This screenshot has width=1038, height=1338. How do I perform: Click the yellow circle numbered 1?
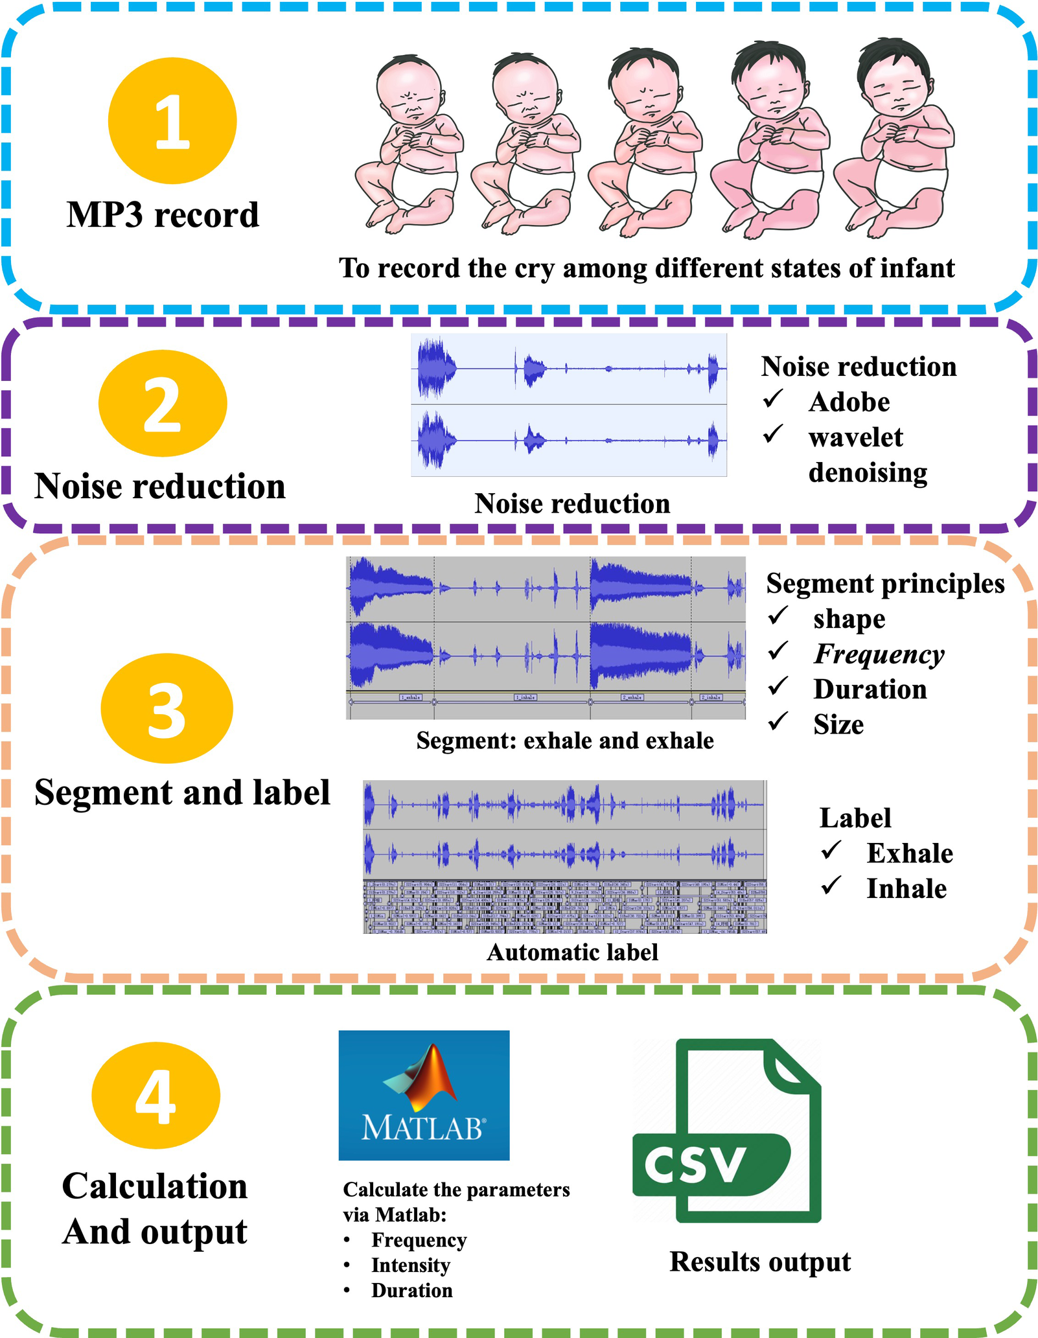point(172,121)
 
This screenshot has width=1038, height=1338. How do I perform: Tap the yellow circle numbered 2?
point(163,404)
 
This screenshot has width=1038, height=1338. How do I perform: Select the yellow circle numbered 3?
point(167,709)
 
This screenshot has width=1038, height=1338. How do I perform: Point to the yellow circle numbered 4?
point(156,1096)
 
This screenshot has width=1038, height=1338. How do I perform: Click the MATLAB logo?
point(424,1095)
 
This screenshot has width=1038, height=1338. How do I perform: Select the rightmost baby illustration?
point(894,139)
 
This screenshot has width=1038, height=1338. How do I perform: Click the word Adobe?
point(849,402)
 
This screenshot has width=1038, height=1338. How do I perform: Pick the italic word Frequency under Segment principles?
point(879,654)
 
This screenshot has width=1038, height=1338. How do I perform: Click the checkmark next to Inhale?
point(831,885)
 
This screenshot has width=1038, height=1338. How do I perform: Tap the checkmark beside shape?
point(778,616)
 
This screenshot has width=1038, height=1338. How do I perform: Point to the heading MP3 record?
point(163,215)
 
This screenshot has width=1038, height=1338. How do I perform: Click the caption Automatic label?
point(572,952)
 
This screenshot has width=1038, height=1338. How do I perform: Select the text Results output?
point(759,1262)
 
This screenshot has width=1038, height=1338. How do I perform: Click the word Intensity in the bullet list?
point(410,1265)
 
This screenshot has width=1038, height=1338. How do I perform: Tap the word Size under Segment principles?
point(838,725)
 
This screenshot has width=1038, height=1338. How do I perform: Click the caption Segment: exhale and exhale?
point(564,741)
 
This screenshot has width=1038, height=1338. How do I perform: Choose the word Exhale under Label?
point(910,854)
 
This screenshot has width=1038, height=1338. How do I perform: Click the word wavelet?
point(855,438)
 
